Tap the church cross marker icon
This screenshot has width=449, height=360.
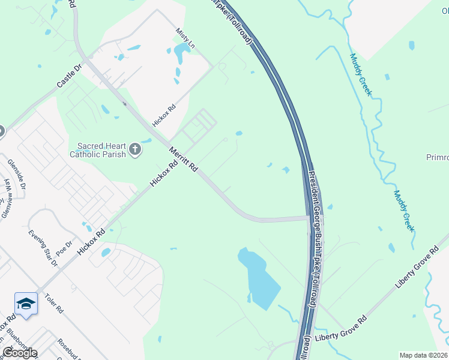click(136, 149)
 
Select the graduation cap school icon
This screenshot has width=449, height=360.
click(26, 304)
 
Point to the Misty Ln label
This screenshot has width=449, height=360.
click(185, 37)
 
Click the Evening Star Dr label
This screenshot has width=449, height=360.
click(41, 247)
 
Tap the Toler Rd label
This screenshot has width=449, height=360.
click(53, 305)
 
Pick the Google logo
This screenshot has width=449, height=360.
click(19, 353)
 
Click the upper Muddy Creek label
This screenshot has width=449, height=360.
click(361, 76)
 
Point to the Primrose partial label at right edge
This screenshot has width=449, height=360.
click(437, 157)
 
